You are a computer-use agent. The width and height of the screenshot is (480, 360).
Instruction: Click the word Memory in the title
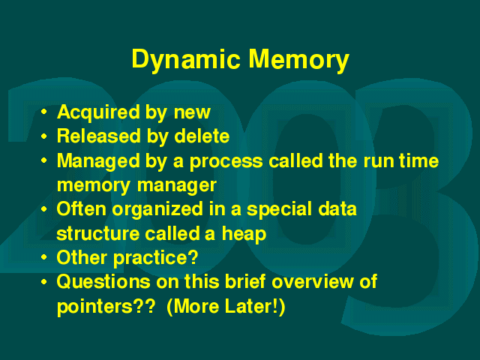click(298, 60)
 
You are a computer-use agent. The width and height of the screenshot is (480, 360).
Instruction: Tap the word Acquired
click(98, 112)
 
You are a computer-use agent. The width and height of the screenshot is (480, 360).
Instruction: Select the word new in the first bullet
click(192, 112)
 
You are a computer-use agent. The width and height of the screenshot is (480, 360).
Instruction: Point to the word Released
click(99, 136)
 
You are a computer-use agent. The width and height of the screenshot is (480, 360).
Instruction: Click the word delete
click(202, 136)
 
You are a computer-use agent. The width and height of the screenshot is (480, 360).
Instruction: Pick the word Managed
click(98, 161)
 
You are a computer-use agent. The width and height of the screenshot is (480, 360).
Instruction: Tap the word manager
click(177, 186)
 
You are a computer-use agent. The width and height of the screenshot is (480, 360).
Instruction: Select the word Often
click(81, 208)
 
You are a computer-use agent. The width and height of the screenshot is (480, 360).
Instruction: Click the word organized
click(157, 210)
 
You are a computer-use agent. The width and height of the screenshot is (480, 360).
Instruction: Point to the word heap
click(244, 234)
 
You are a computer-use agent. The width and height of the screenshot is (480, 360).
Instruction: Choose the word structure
click(98, 234)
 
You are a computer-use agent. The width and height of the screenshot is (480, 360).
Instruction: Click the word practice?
click(156, 258)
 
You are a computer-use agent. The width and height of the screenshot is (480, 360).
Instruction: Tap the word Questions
click(103, 282)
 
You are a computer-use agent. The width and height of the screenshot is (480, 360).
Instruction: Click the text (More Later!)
click(226, 307)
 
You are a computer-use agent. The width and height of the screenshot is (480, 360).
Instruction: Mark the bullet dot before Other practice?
click(44, 257)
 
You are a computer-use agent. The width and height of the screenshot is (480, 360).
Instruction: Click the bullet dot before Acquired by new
click(44, 112)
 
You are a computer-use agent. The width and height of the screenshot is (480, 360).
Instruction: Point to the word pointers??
click(106, 307)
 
